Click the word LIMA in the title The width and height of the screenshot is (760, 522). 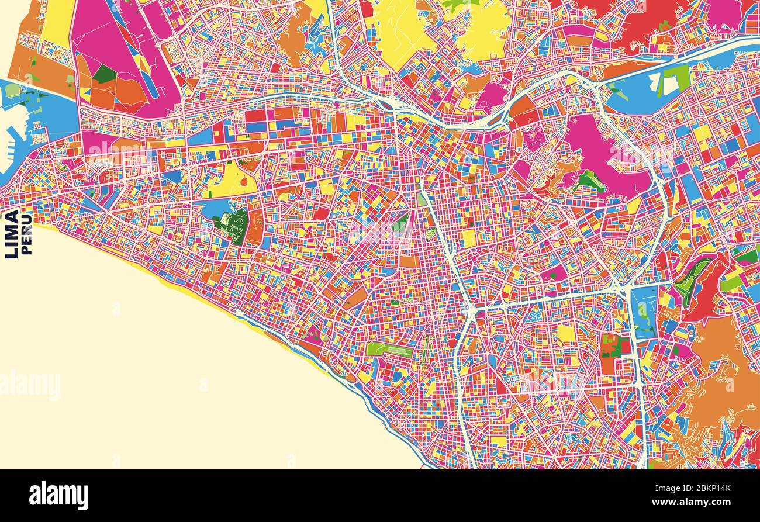(11, 234)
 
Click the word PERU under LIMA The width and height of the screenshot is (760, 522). (26, 234)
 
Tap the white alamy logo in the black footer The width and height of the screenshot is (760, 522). (58, 496)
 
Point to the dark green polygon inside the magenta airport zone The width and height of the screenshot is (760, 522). (105, 74)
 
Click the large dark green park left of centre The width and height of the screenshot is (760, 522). (233, 226)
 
